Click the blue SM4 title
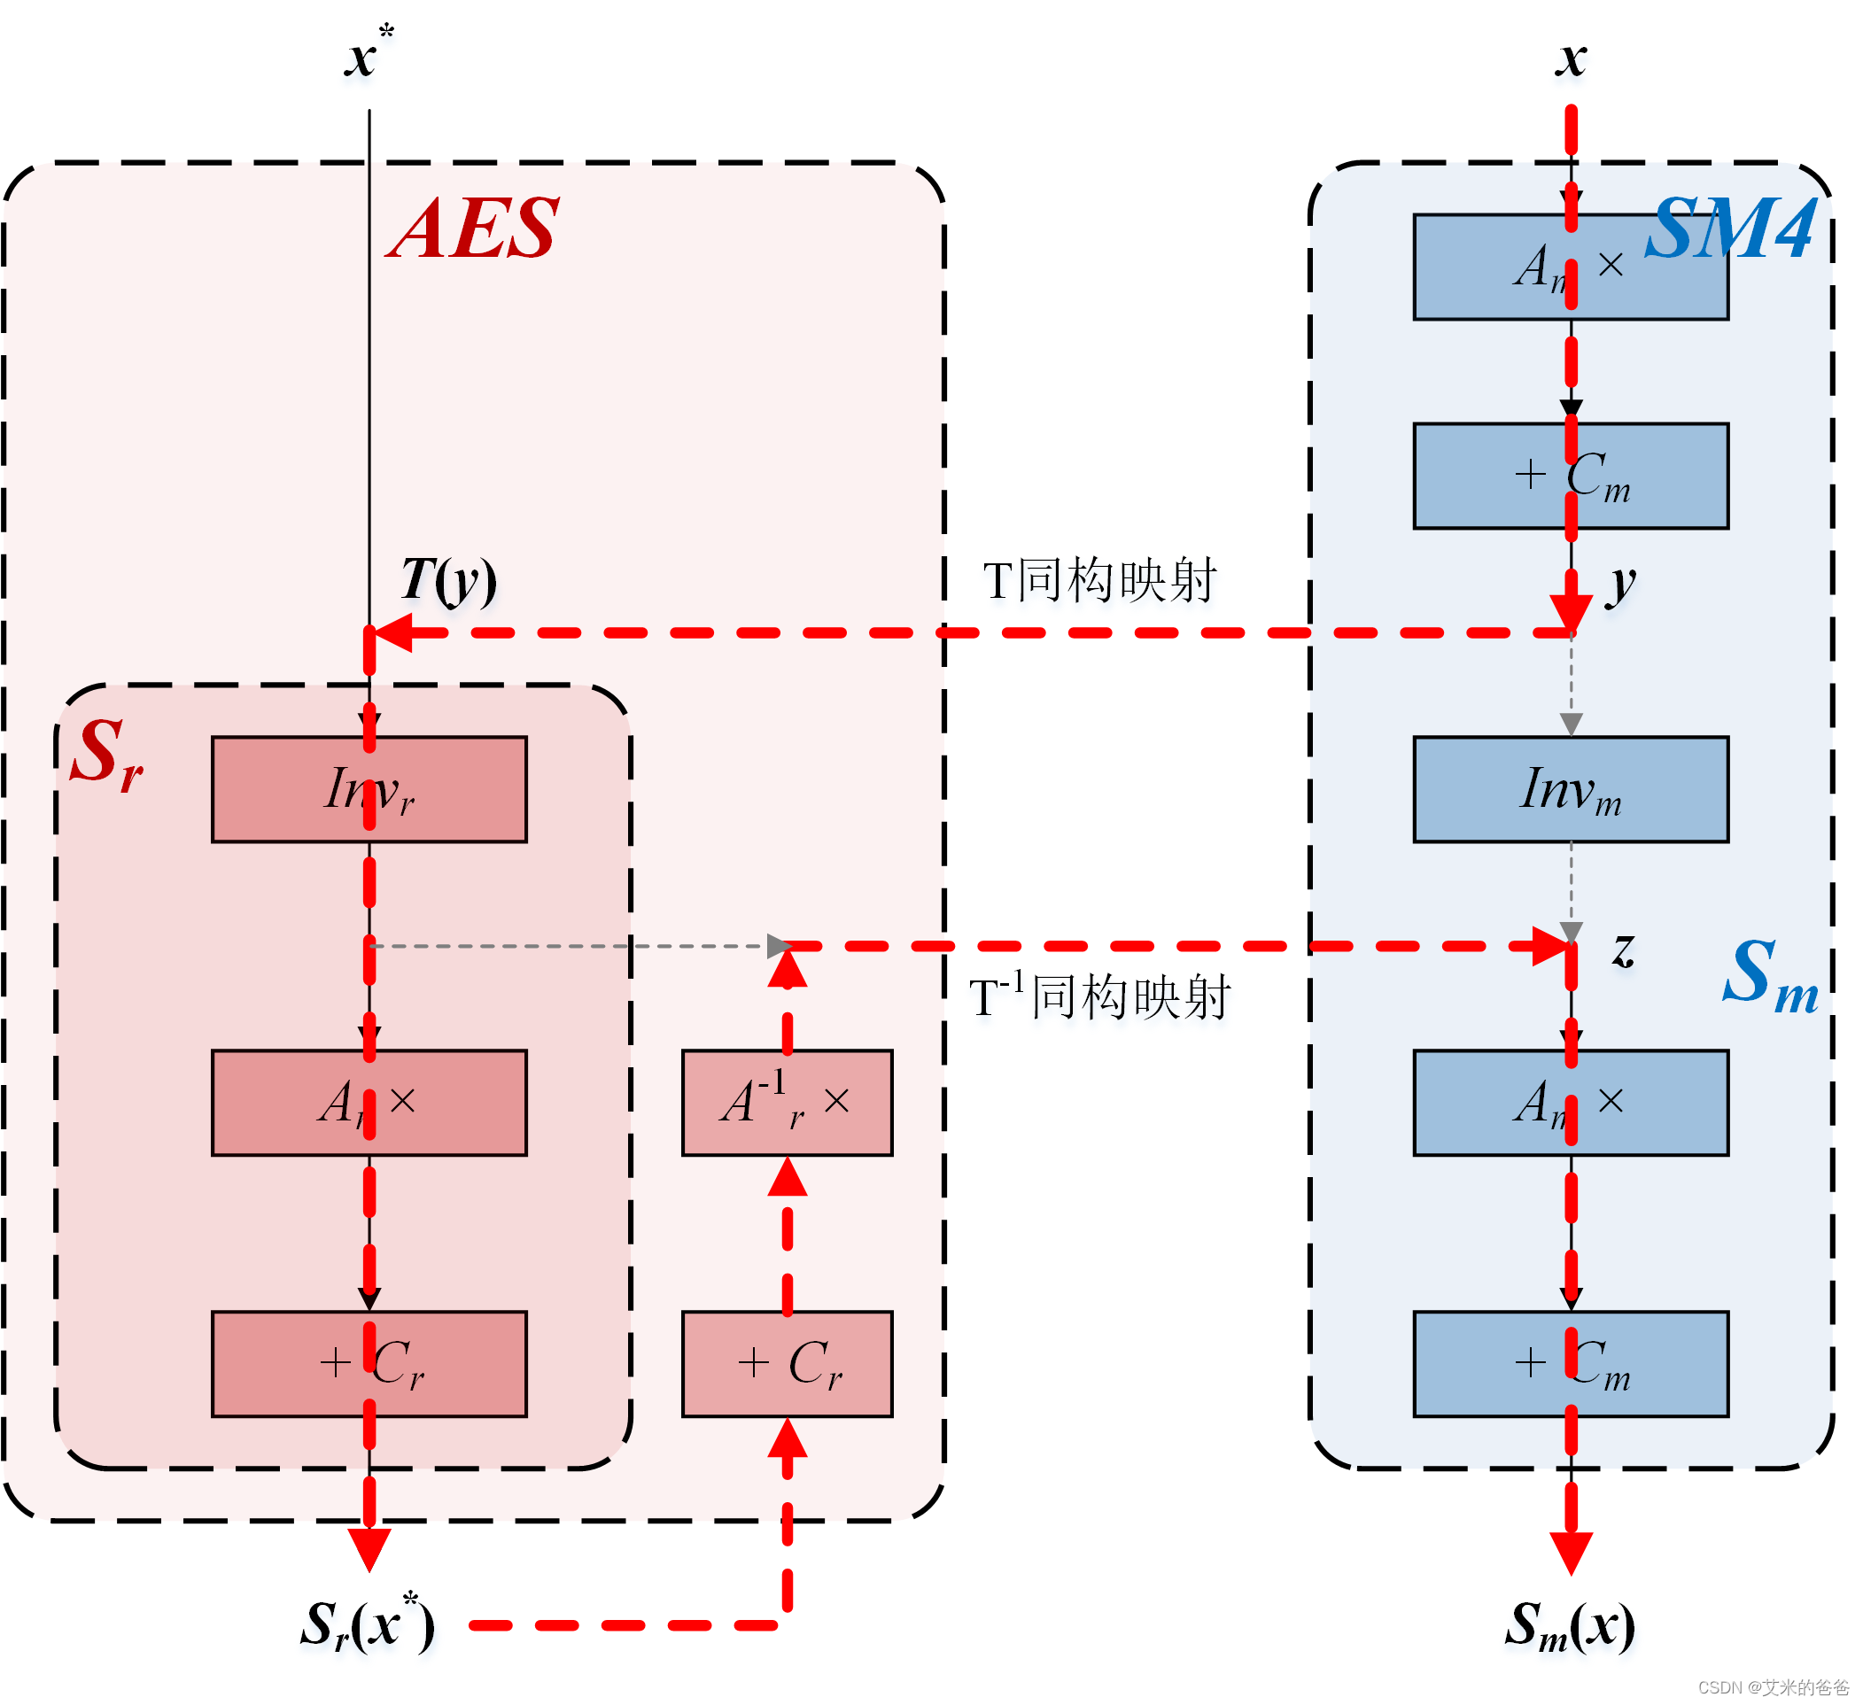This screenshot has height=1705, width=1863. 1732,229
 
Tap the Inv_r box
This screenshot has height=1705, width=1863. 369,790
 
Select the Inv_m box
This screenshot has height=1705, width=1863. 1572,790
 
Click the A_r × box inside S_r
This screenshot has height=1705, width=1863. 369,1104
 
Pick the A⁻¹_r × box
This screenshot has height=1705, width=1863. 788,1104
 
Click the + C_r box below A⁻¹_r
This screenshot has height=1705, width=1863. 788,1365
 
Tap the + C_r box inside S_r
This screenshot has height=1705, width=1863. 369,1365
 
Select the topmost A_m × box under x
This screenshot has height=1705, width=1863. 1572,268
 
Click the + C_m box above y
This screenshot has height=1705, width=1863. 1572,477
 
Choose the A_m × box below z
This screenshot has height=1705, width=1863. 1572,1104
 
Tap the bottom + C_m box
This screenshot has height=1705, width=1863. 1572,1365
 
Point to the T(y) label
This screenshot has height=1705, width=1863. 449,581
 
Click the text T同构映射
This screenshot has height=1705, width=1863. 1099,581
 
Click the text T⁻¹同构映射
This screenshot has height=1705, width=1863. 1099,998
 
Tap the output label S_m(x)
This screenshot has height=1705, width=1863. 1570,1626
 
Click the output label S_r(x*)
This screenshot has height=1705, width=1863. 368,1626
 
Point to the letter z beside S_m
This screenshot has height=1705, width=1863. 1624,950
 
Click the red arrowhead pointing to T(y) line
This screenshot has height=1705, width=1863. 392,634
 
